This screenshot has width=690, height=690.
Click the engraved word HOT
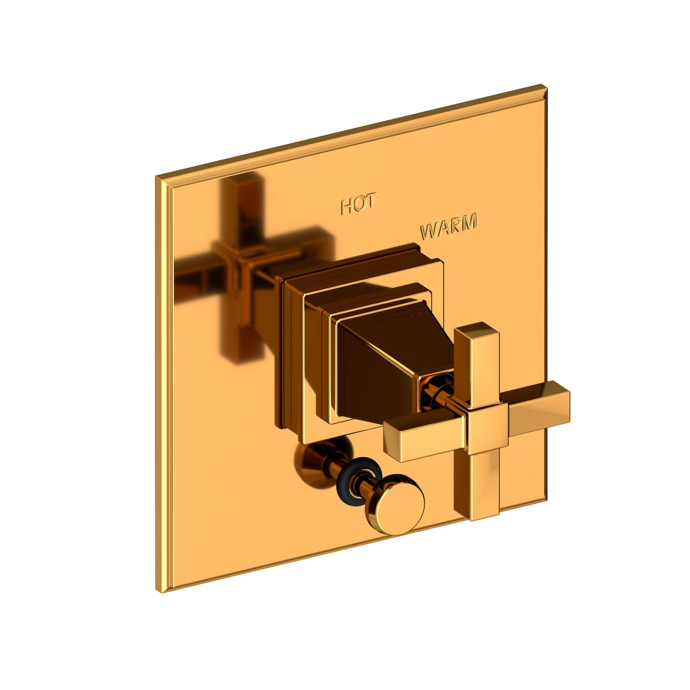click(x=359, y=204)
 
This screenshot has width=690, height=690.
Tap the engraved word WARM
click(x=448, y=227)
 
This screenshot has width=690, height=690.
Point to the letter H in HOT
click(x=347, y=207)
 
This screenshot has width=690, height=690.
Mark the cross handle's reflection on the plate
click(x=239, y=267)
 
